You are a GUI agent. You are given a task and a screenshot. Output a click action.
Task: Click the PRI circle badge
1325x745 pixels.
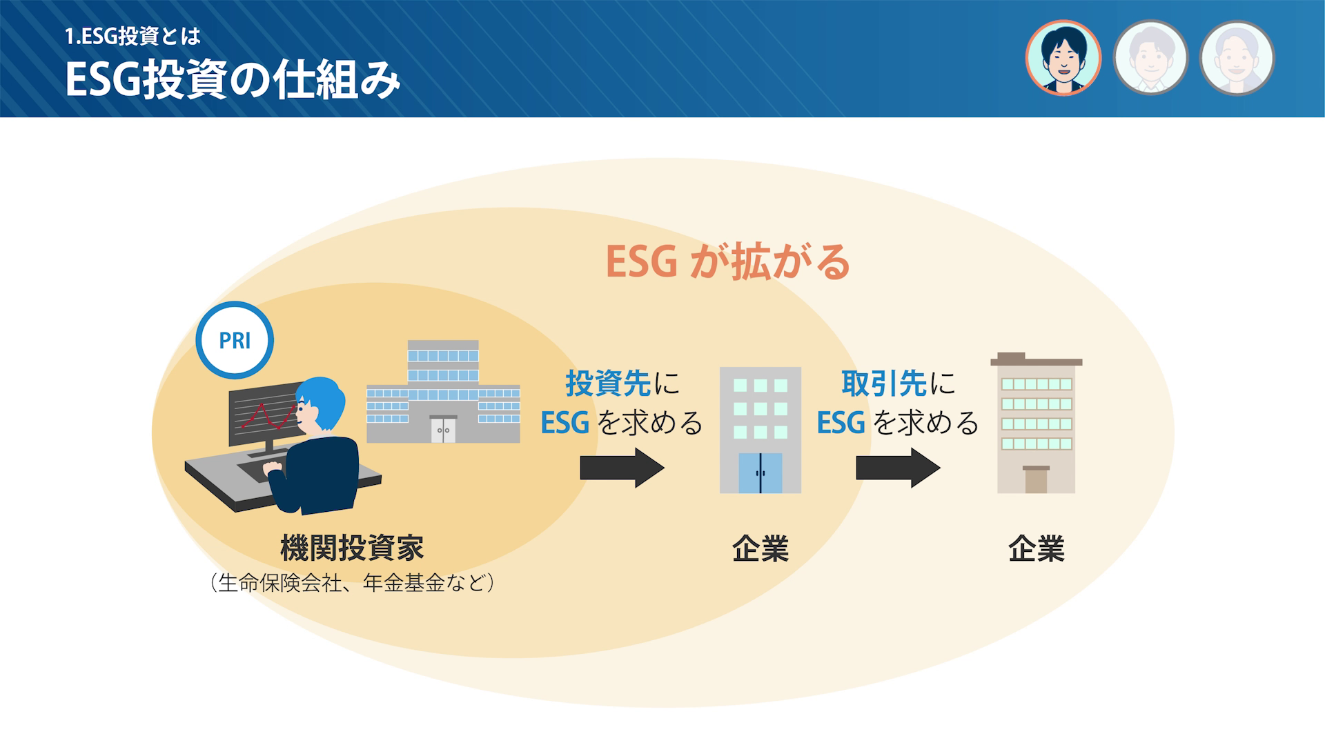click(235, 340)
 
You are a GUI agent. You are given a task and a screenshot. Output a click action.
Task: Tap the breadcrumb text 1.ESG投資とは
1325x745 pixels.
click(132, 37)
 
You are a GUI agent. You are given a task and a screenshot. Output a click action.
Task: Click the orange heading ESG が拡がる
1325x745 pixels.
click(727, 262)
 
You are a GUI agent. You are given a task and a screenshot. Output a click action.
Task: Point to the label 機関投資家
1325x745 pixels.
click(352, 548)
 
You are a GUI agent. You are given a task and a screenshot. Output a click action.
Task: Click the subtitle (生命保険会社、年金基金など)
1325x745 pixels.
click(352, 584)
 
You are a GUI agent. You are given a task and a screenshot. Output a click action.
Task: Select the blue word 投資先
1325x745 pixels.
click(608, 384)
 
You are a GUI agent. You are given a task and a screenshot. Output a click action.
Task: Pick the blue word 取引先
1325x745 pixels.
click(884, 384)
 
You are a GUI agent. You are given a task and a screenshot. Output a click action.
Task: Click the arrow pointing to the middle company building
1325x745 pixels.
click(622, 468)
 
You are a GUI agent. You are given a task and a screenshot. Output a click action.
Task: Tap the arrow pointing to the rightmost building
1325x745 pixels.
click(898, 468)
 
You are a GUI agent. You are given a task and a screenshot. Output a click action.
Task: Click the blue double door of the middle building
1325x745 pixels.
click(760, 473)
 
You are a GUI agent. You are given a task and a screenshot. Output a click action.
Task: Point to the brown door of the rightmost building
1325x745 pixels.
click(1036, 480)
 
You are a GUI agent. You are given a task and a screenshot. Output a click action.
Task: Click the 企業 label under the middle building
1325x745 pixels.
click(760, 549)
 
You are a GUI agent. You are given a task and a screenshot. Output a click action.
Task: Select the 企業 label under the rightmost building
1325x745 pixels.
click(1037, 549)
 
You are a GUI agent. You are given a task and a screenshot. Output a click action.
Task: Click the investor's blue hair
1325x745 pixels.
click(323, 400)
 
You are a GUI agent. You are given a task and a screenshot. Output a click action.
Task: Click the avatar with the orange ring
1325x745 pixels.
click(1063, 58)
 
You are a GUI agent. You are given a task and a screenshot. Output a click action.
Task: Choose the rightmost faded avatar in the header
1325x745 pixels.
click(1237, 58)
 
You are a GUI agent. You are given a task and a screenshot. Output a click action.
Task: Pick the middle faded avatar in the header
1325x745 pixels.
click(1150, 58)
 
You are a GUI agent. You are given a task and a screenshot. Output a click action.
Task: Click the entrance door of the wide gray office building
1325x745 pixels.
click(442, 429)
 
